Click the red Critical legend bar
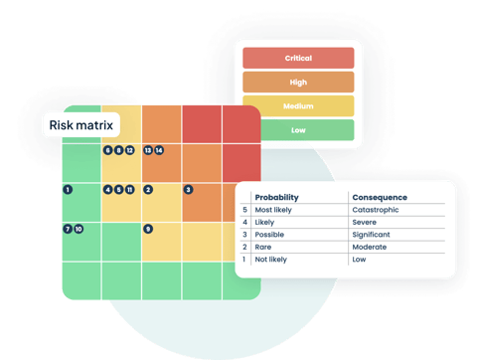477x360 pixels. tap(298, 59)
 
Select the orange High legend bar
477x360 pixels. tap(298, 83)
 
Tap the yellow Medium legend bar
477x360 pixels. tap(298, 106)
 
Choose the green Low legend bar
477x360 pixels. tap(298, 130)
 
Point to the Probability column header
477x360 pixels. tap(276, 197)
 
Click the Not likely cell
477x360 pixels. tap(273, 260)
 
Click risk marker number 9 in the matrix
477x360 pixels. tap(148, 229)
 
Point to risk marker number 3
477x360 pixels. tap(189, 189)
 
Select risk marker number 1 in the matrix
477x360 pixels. tap(67, 189)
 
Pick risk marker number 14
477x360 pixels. tap(159, 150)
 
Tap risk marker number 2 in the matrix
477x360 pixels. tap(148, 189)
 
